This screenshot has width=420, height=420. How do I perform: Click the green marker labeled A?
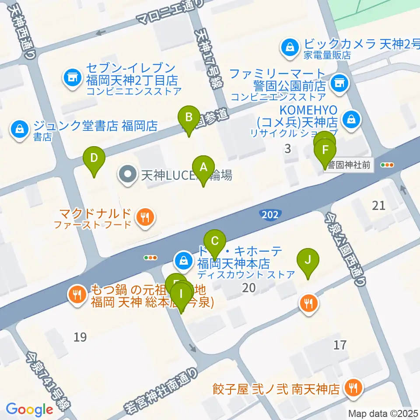[203, 168]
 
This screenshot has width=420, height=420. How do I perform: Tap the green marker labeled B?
[189, 118]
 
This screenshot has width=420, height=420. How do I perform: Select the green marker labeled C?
[214, 241]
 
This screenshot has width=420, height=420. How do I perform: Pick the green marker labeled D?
[94, 158]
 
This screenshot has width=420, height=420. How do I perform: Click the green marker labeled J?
[308, 260]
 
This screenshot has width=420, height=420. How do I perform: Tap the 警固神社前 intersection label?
[348, 165]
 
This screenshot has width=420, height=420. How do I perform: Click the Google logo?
[29, 409]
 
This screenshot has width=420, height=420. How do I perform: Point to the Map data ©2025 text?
[384, 413]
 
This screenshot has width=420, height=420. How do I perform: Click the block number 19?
[80, 337]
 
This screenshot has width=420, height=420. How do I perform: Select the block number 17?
[339, 345]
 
